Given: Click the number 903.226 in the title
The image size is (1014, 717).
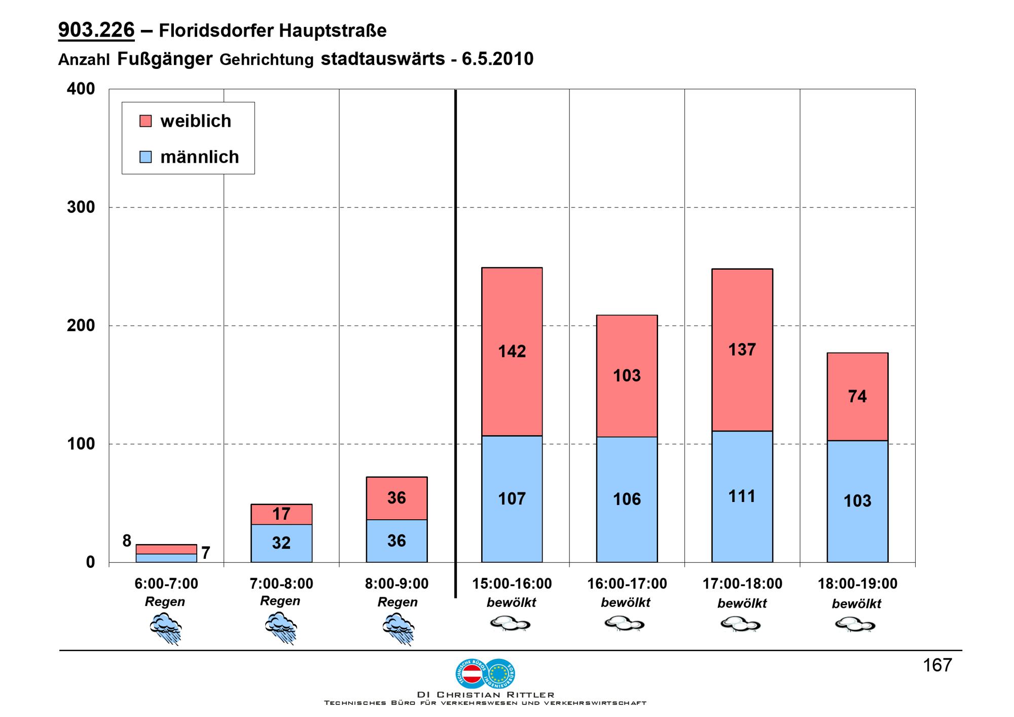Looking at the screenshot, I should [x=96, y=30].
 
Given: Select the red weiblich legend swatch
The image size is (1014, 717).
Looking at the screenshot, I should [x=146, y=121].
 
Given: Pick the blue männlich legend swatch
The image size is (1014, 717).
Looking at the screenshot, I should [x=146, y=157].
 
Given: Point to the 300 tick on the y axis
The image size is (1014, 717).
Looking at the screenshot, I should [x=81, y=207].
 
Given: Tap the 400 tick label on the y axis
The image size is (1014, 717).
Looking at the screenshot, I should [x=81, y=89].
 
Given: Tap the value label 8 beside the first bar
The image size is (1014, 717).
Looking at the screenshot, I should [x=127, y=541].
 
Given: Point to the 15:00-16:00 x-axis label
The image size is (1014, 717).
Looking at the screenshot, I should [x=512, y=584].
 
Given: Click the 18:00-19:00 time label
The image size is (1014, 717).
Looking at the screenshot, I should [x=857, y=584].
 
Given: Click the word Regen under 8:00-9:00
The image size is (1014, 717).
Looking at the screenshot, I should [x=397, y=602].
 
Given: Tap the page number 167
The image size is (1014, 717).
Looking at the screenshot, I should [x=937, y=665].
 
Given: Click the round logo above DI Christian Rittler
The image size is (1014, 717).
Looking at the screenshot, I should [x=486, y=673].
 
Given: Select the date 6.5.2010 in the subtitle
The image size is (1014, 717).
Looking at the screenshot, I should [x=497, y=59].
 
